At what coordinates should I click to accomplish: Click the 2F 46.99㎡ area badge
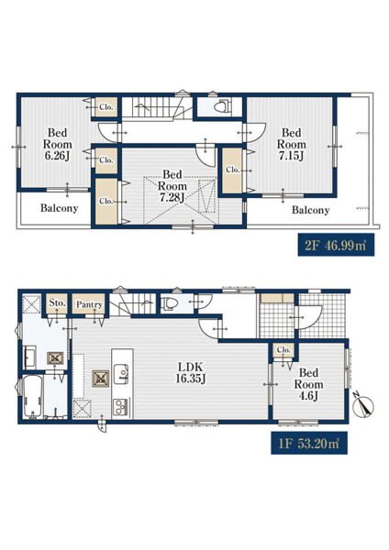click(336, 245)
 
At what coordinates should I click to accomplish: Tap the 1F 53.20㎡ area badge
click(309, 443)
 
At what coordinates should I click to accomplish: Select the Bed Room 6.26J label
click(57, 144)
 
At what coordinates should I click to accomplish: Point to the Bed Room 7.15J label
click(291, 144)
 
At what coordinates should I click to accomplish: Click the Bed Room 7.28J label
click(172, 186)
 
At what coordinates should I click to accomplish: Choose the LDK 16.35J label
click(191, 373)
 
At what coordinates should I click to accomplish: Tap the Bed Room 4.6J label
click(308, 384)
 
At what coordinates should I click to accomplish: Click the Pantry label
click(90, 304)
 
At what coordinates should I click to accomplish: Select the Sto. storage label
click(57, 302)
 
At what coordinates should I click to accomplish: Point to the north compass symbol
click(363, 405)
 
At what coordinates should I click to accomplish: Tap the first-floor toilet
click(169, 303)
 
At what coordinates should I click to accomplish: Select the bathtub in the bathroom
click(33, 397)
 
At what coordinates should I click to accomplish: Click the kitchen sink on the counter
click(121, 373)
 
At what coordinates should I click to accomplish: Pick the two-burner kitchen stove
click(121, 406)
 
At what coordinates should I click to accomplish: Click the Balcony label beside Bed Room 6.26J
click(59, 208)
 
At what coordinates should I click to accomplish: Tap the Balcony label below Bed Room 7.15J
click(310, 210)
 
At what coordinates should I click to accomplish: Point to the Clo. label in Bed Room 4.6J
click(283, 350)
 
